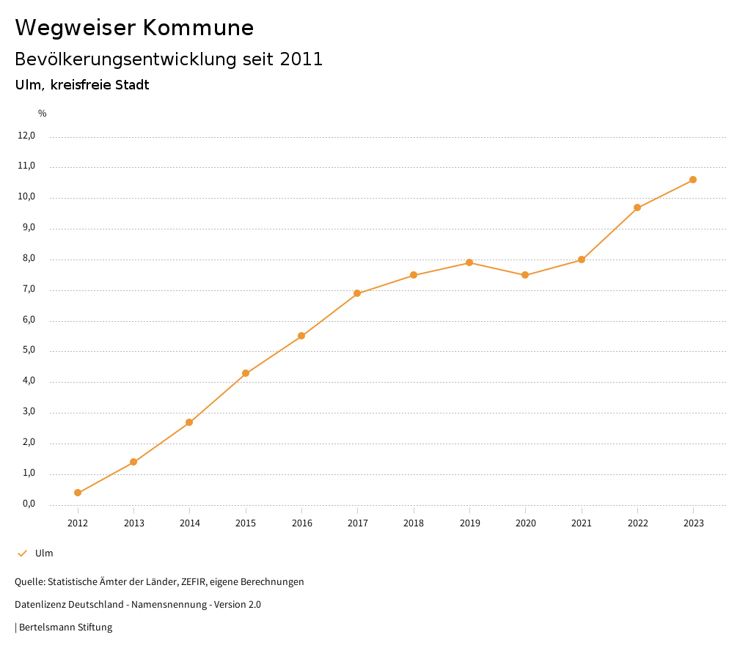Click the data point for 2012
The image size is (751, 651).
point(78,493)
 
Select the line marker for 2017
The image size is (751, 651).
point(357,293)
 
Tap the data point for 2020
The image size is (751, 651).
point(525,275)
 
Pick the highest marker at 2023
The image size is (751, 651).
point(693,180)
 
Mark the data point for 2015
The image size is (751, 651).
point(246,373)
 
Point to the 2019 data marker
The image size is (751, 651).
point(469,262)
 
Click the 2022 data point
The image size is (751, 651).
point(637,207)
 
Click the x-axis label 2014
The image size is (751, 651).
point(190,523)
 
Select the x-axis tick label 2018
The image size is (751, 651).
point(414,523)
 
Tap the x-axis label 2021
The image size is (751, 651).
point(582,523)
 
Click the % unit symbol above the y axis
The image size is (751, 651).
point(43,114)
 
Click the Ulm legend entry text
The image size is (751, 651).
point(44,553)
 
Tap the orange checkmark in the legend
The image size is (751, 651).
point(22,553)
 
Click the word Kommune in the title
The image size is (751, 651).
point(198,28)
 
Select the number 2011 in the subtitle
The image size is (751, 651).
point(301,59)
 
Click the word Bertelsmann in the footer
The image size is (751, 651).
point(48,628)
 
